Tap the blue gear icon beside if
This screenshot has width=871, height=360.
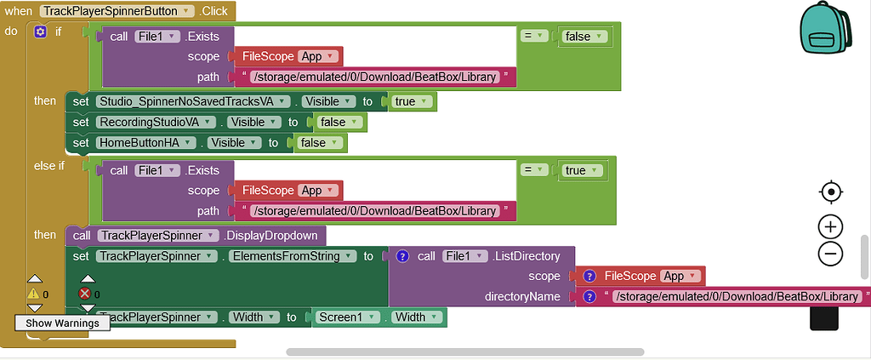[40, 31]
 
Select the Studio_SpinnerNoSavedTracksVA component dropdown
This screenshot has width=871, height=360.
[194, 101]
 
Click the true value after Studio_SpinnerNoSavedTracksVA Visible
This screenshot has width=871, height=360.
[412, 101]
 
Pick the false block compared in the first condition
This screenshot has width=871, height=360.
[584, 36]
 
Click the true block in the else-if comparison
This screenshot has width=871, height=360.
[582, 170]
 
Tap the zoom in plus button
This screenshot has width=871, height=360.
[830, 226]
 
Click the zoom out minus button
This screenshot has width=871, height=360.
[830, 253]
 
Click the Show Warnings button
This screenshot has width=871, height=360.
[62, 323]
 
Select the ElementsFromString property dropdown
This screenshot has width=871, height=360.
[288, 255]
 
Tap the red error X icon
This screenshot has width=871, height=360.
[85, 294]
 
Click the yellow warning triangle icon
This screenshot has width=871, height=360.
[34, 294]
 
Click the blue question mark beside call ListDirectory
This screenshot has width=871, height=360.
[403, 255]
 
